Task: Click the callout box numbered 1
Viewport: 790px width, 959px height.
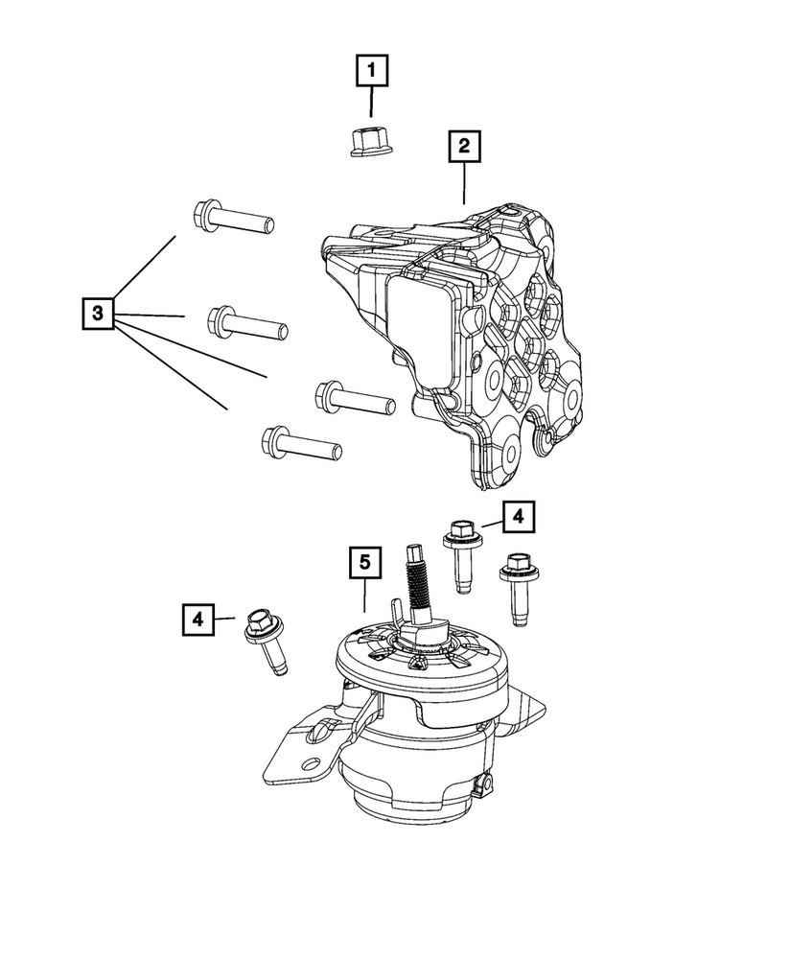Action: [372, 71]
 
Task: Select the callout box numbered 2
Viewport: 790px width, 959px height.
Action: [463, 147]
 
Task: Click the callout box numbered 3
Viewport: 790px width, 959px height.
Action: [98, 313]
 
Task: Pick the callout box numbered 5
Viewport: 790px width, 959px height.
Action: [364, 562]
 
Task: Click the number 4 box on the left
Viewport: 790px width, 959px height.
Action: [197, 619]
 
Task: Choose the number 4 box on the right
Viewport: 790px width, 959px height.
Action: [518, 518]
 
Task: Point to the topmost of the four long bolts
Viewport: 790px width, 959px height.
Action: [234, 217]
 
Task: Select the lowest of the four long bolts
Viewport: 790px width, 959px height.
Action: [299, 443]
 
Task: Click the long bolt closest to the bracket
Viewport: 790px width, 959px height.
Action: [354, 397]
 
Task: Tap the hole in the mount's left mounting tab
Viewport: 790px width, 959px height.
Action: [312, 765]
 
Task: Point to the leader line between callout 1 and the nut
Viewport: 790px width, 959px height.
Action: [372, 103]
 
